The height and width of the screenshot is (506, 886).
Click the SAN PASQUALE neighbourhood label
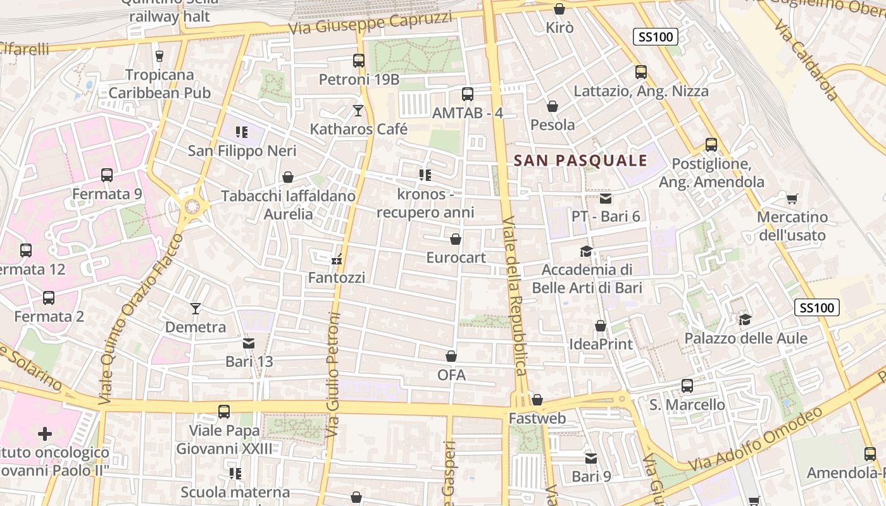580,161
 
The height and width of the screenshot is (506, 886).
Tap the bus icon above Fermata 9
107,175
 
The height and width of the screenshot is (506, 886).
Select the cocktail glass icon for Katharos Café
358,111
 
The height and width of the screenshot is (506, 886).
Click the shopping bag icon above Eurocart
455,239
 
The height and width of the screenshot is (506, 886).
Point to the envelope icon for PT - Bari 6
606,199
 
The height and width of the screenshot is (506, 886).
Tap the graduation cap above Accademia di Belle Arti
587,252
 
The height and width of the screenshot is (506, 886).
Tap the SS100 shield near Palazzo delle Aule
816,308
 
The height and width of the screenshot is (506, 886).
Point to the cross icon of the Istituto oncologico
44,434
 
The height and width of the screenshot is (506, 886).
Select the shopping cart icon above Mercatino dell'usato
792,199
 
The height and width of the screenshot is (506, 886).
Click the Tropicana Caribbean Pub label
159,83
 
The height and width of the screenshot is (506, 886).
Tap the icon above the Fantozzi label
337,259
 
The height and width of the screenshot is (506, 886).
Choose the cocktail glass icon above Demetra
196,309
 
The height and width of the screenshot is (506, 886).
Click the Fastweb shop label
537,418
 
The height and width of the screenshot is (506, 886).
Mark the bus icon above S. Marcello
687,386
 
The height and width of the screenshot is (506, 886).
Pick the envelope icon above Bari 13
249,343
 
